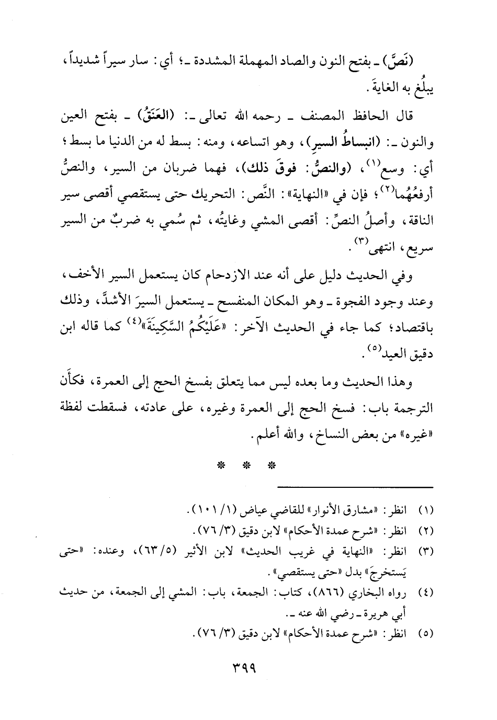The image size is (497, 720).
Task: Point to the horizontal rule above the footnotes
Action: click(x=356, y=487)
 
